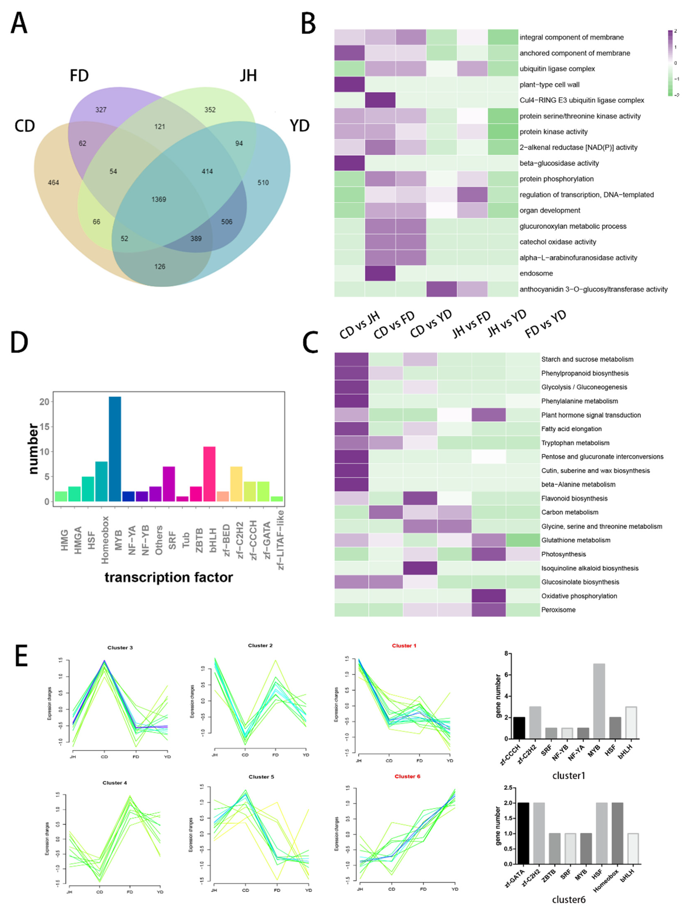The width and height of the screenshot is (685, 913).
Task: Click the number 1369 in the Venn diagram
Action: pos(158,199)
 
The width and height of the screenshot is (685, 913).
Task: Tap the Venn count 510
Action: pos(263,182)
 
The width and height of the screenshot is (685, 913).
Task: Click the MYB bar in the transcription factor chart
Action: pos(115,449)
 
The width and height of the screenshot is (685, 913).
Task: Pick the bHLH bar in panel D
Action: pos(209,474)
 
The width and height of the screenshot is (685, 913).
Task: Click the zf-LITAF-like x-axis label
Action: pos(280,539)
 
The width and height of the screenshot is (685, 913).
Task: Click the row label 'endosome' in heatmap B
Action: pos(536,273)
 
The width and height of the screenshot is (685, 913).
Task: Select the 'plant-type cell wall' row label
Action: pos(549,85)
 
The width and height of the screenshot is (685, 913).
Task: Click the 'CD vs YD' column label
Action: pos(431,324)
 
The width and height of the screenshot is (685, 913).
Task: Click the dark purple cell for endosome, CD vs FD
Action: pos(380,273)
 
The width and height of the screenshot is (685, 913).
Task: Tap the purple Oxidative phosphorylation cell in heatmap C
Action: pos(489,596)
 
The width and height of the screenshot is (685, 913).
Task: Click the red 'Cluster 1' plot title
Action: pos(404,645)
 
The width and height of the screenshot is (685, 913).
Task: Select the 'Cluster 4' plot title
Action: pos(115,783)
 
